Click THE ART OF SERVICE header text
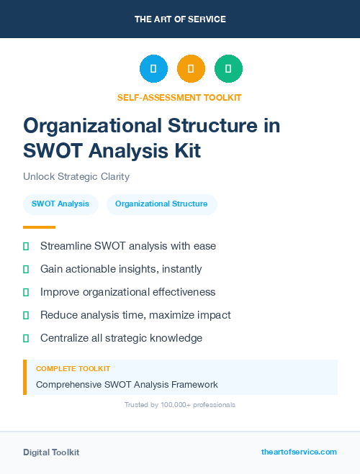coord(180,19)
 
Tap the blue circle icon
coord(153,68)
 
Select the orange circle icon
coord(191,68)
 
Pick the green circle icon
coord(228,68)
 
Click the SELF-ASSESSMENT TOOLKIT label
coord(180,97)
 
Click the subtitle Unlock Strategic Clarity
coord(76,176)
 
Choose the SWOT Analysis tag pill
coord(60,204)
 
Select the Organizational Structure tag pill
coord(161,204)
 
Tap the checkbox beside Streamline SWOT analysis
coord(27,246)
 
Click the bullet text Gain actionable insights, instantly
coord(121,269)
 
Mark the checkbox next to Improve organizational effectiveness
coord(27,292)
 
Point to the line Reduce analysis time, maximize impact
coord(135,315)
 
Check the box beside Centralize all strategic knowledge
coord(27,338)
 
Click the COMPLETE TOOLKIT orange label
coord(73,369)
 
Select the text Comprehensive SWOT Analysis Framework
coord(127,385)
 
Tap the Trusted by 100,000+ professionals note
coord(180,405)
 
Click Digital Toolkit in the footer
coord(51,452)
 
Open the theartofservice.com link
coord(299,452)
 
